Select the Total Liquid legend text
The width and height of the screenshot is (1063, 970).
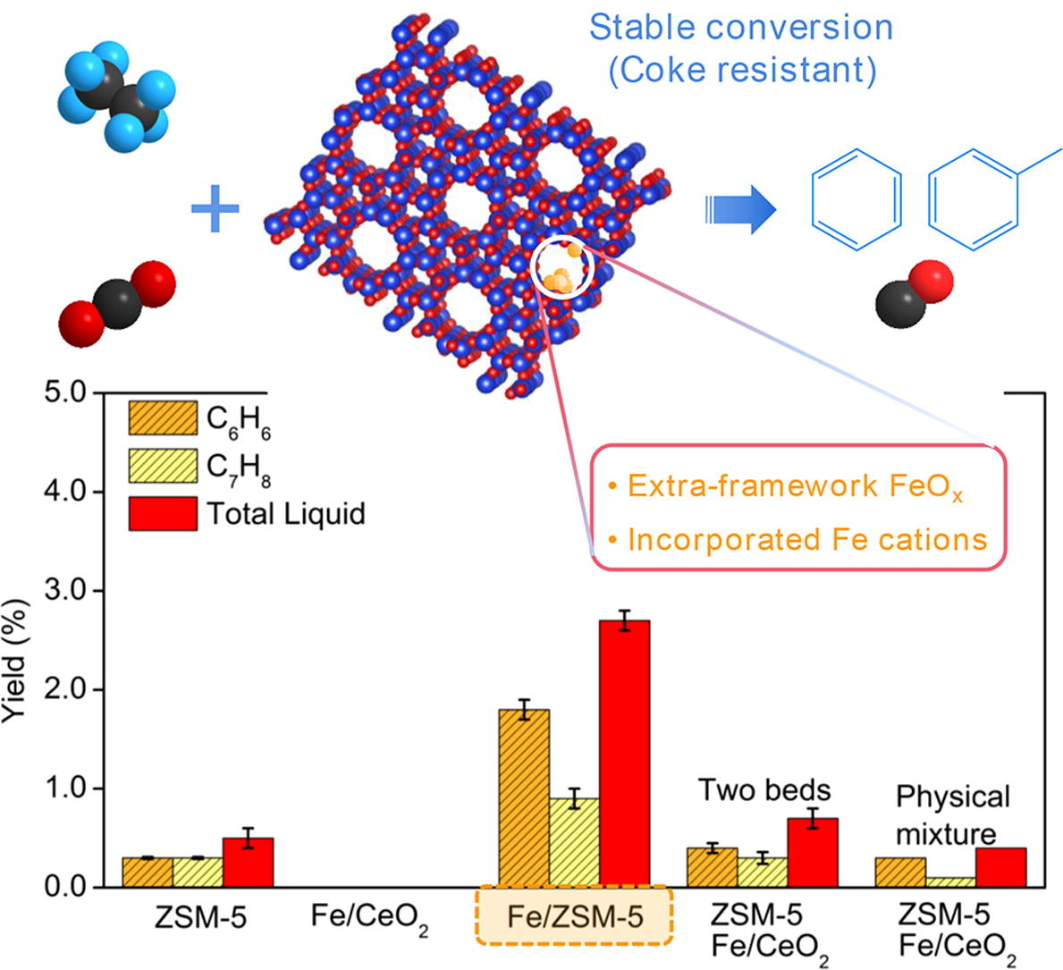(x=286, y=514)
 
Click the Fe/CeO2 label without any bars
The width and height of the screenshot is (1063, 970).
(x=369, y=918)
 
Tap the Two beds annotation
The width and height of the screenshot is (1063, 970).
(x=764, y=790)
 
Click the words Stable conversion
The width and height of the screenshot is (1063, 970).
(x=741, y=28)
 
